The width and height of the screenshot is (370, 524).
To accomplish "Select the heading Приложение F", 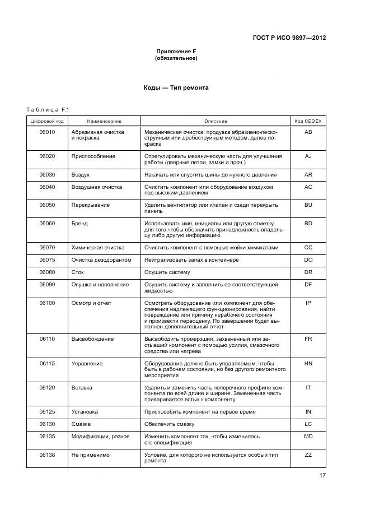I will coord(176,52).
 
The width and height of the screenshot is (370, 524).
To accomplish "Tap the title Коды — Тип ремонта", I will coord(176,88).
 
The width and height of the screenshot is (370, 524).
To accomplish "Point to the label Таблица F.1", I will coord(47,110).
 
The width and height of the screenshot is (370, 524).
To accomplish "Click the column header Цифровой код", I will coord(46,121).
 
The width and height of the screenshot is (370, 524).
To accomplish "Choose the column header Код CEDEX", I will coord(307,121).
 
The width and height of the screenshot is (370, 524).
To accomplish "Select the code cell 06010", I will coord(47,132).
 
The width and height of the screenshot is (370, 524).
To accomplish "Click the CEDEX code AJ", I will coord(307,156).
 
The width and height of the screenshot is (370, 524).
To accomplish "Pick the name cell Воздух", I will coord(80,175).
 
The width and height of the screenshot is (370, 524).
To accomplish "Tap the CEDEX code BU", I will coord(307,205).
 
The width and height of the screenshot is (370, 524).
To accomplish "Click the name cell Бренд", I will coord(79,223).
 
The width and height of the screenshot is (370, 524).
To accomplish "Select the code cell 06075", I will coord(47,260).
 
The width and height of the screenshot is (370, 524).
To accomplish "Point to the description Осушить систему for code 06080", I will coord(167,272).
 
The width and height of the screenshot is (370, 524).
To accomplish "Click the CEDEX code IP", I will coord(307,303).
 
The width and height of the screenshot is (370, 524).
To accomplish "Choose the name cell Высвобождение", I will coord(92,339).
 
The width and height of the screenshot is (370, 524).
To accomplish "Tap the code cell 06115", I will coord(47,364).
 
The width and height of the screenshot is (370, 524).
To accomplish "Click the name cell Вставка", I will coord(82,387).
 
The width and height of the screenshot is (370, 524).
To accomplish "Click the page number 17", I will coord(322,476).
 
